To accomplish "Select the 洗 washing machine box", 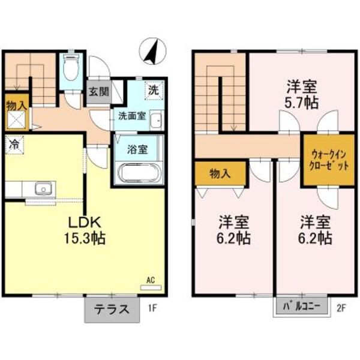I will [x=154, y=92].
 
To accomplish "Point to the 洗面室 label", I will [x=131, y=116].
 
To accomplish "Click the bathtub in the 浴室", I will [x=138, y=175].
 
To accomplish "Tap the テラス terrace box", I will [x=111, y=310].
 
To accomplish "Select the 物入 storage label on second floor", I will [x=220, y=173].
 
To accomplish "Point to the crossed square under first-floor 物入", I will [x=16, y=122].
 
